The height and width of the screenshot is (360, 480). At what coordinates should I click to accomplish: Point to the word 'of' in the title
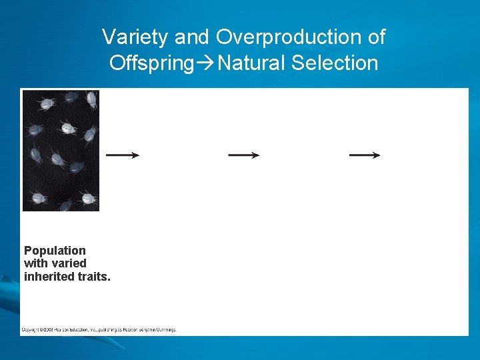(x=376, y=37)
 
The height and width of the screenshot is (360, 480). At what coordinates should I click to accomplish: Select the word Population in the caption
(x=55, y=251)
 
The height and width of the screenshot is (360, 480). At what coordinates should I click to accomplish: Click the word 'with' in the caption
(x=35, y=263)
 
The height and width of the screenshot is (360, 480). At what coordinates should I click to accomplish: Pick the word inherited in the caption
(x=49, y=276)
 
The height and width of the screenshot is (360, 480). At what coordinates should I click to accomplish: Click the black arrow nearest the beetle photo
(x=123, y=155)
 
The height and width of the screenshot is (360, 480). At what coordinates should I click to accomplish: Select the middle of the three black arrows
(x=243, y=155)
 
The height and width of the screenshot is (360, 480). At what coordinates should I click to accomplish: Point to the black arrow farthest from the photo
(x=365, y=155)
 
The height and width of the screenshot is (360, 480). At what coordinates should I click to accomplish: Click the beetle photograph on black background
(x=61, y=151)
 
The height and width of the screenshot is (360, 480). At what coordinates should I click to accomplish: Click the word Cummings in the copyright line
(x=164, y=329)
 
